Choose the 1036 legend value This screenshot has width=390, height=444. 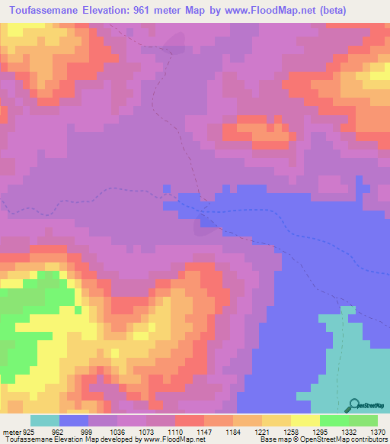(x=117, y=431)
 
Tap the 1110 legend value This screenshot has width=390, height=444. (x=175, y=431)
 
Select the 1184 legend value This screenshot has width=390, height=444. (x=233, y=431)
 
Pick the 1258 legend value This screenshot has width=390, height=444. (x=291, y=431)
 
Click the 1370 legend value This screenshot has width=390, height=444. (x=378, y=431)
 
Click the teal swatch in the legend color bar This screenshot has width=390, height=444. (x=45, y=420)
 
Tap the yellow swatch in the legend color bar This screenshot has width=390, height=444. (x=305, y=420)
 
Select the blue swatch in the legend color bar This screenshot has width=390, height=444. (x=74, y=420)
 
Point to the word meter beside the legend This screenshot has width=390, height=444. (x=11, y=431)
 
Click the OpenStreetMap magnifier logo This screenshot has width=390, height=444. (x=355, y=404)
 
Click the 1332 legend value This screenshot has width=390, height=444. (x=349, y=431)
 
